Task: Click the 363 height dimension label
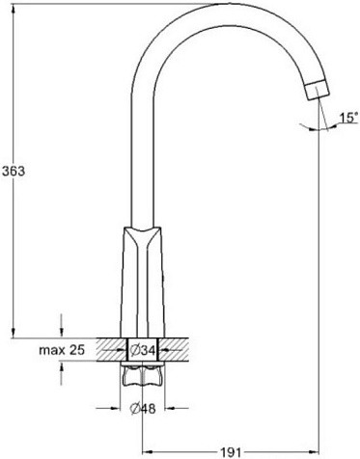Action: coord(14,171)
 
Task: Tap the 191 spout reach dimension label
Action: coord(231,452)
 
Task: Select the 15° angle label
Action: coord(349,118)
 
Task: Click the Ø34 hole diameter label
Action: coord(143,350)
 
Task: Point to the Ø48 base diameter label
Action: coord(143,409)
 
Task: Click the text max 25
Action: coord(62,350)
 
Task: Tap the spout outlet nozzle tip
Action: coord(318,90)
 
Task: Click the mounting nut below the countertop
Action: coord(143,374)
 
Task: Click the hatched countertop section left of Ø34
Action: coord(112,350)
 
